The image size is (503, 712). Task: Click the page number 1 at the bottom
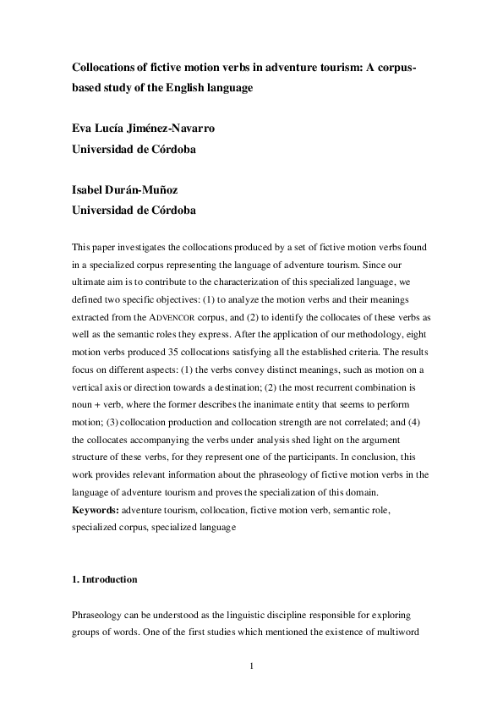[x=251, y=666]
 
